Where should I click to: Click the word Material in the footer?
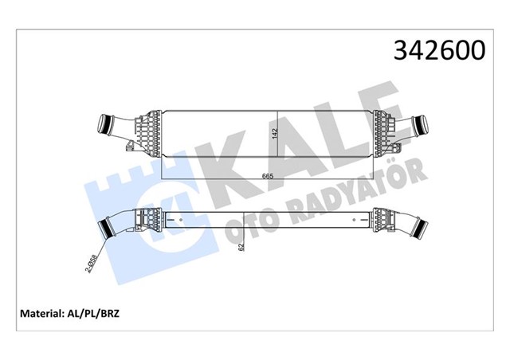tap(42, 312)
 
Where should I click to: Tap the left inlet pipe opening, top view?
tap(103, 125)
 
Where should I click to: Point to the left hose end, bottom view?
tap(104, 229)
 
